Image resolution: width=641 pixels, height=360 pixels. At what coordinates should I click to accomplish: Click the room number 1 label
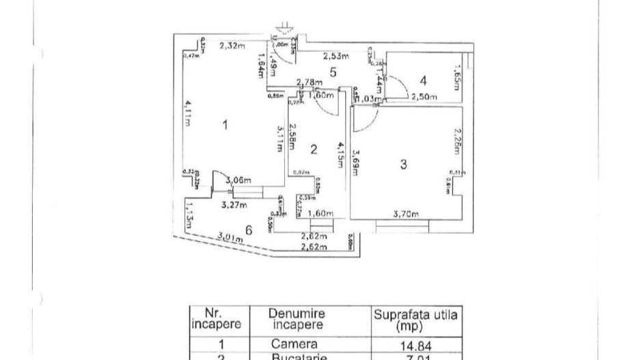(x=226, y=125)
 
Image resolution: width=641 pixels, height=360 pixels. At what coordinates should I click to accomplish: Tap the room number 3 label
(x=404, y=164)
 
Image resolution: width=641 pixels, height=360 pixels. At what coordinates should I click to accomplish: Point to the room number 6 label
(x=249, y=230)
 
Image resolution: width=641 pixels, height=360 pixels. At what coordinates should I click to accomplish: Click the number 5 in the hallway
(x=333, y=71)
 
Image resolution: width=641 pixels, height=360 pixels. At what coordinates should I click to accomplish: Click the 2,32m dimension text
(x=233, y=46)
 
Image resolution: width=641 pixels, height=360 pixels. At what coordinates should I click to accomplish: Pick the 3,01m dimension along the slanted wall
(x=230, y=238)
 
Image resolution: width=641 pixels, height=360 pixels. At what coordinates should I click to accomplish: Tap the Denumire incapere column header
(x=296, y=320)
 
